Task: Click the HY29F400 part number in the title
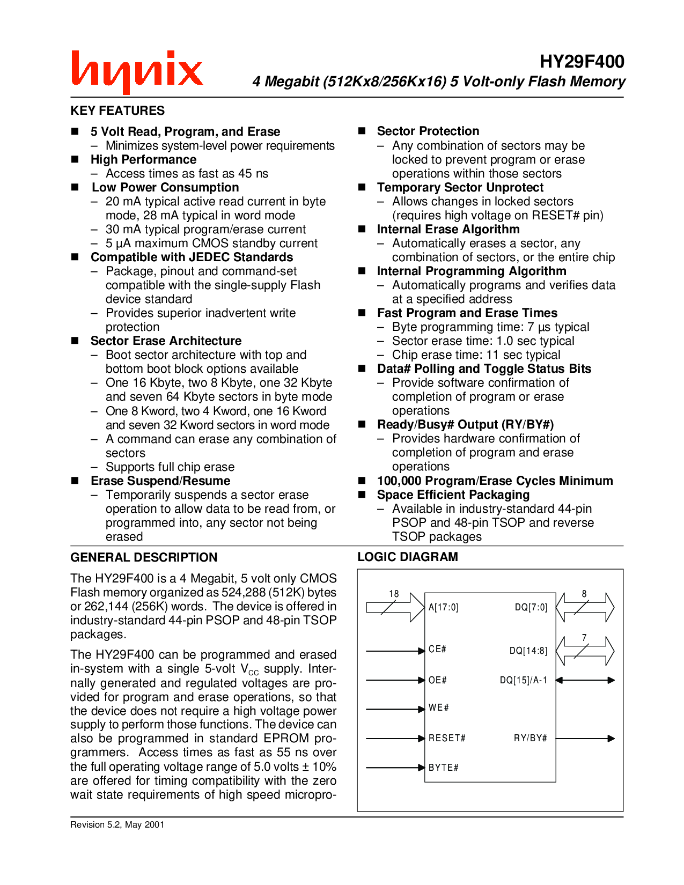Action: (582, 62)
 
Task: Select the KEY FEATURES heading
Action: (117, 110)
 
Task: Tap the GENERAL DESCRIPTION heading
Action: (144, 557)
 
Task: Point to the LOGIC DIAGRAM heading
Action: (408, 557)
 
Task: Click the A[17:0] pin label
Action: (443, 607)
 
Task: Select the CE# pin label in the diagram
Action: (437, 649)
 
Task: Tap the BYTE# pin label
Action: (443, 768)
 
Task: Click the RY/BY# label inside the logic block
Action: (530, 738)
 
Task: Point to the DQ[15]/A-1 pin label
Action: (523, 680)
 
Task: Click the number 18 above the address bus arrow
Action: (394, 594)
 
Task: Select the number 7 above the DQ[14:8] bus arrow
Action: (584, 638)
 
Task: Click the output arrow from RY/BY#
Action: (585, 739)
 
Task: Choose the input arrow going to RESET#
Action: (395, 739)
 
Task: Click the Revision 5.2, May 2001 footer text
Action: (117, 824)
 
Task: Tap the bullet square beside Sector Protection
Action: (362, 131)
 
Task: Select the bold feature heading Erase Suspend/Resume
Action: (160, 481)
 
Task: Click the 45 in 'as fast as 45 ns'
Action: (245, 173)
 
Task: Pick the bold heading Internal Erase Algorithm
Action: (448, 229)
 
